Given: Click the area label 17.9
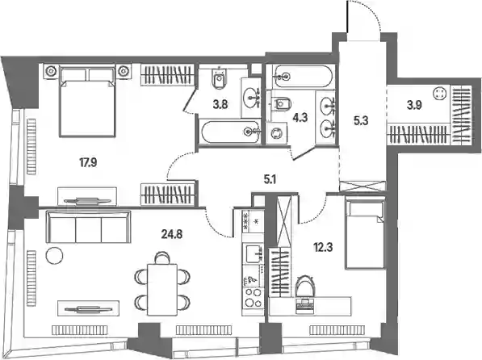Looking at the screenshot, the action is (88, 162).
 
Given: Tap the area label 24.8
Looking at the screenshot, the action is (172, 235).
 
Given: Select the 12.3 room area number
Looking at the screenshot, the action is (324, 247).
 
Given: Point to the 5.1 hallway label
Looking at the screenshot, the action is (270, 179).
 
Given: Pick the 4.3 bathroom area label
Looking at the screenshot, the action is (300, 117).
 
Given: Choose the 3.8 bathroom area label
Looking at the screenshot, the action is (220, 105).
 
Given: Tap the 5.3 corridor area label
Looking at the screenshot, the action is (361, 121).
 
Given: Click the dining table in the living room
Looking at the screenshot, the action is (162, 290).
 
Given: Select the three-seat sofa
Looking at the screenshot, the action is (89, 227).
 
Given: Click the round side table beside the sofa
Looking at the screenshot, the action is (55, 256).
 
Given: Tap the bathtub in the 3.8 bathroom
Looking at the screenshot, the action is (231, 132).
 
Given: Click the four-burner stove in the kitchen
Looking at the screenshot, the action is (253, 298).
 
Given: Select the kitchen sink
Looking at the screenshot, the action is (254, 254).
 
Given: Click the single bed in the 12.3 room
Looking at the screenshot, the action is (365, 234).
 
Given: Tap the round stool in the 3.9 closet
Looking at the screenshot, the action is (438, 94).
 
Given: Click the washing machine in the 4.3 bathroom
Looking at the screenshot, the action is (277, 133).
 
